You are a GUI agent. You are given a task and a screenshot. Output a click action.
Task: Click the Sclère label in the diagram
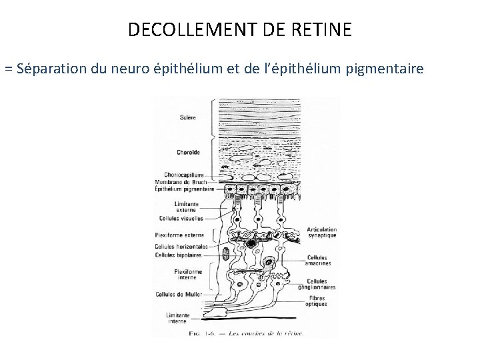(x=187, y=118)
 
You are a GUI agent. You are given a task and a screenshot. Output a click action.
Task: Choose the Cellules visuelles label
(x=181, y=218)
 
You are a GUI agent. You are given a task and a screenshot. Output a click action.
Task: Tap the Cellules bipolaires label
(x=177, y=253)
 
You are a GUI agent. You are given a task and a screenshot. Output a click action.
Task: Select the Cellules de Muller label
(x=178, y=294)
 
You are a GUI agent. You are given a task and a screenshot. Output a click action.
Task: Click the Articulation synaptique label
(x=322, y=231)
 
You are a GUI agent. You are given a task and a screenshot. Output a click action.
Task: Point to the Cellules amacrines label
(x=319, y=261)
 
